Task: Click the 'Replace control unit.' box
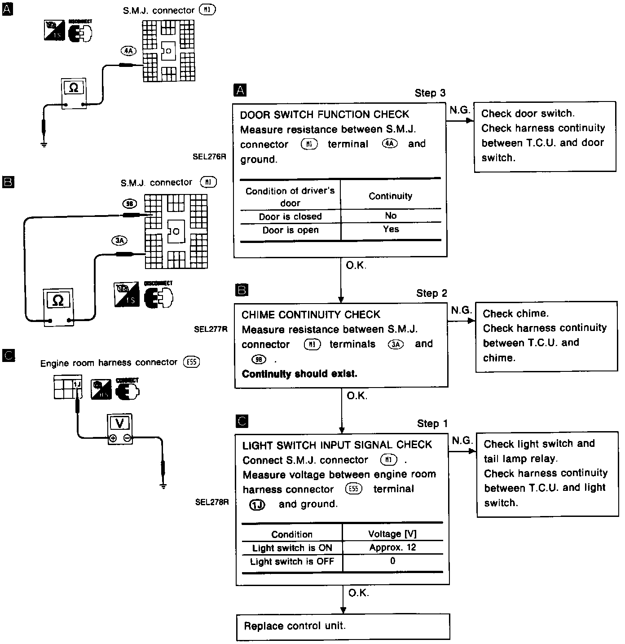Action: coord(343,626)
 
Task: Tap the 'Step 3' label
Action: coord(430,93)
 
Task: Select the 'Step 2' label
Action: coord(431,293)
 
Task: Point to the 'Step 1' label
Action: coord(432,423)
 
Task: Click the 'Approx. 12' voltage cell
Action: coord(392,547)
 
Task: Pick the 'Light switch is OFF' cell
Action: coord(292,562)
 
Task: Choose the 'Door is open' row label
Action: coord(290,230)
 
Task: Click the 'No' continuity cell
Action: coord(391,216)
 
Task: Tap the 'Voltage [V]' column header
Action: coord(392,534)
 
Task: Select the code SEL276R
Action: coord(209,157)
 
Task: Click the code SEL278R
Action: coord(212,503)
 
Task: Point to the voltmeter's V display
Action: coord(119,423)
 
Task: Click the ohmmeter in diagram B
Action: coord(58,307)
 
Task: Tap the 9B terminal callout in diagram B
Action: coord(130,204)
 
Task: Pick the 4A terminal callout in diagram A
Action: coord(128,51)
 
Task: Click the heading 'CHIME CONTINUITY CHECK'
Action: coord(311,314)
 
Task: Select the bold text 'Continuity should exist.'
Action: coord(299,374)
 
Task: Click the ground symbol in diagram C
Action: coord(163,485)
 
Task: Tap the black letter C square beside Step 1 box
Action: coord(242,421)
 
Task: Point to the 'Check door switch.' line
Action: coord(528,114)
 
